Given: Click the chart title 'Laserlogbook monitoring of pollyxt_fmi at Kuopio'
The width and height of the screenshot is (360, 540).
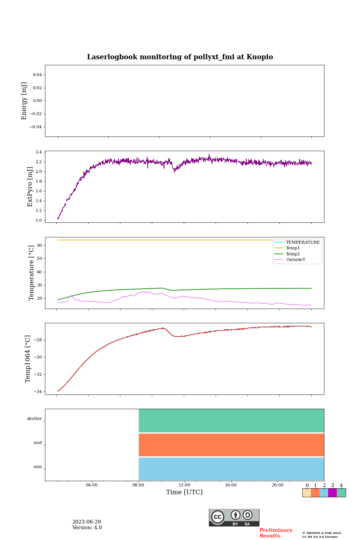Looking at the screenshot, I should point(180,57).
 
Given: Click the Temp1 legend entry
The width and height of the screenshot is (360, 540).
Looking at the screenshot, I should point(293,248).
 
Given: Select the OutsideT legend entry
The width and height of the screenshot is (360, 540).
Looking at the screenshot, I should point(295,259).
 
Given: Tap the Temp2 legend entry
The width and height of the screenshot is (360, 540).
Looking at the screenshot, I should point(293,254).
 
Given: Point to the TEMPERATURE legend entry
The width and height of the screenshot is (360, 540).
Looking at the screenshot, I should point(303,243).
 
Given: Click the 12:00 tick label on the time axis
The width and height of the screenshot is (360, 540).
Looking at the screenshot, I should point(184,485).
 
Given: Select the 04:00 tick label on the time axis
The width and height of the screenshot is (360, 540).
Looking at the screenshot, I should point(91,485).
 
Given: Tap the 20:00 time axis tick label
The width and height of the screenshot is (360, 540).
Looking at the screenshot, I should point(277,485).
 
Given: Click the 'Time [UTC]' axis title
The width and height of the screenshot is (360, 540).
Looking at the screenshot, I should point(184,492).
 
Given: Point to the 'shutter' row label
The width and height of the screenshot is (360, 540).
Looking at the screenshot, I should point(34,419).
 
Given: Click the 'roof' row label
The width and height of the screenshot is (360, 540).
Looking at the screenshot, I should point(38,443).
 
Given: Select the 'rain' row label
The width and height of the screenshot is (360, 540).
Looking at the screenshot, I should point(38,467).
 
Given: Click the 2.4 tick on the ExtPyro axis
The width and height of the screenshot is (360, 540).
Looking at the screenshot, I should point(39,152).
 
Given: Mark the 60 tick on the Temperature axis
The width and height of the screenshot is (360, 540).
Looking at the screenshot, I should point(39,245).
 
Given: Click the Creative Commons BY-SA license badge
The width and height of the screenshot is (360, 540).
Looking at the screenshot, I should point(234,517).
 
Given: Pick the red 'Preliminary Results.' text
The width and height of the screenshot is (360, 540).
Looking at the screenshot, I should point(276,533).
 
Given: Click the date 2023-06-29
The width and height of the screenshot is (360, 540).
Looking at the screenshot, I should point(87,522).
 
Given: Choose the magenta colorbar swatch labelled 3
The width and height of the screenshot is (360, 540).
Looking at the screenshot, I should point(332,493).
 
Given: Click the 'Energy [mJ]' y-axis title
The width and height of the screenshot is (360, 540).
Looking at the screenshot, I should point(24,101).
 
